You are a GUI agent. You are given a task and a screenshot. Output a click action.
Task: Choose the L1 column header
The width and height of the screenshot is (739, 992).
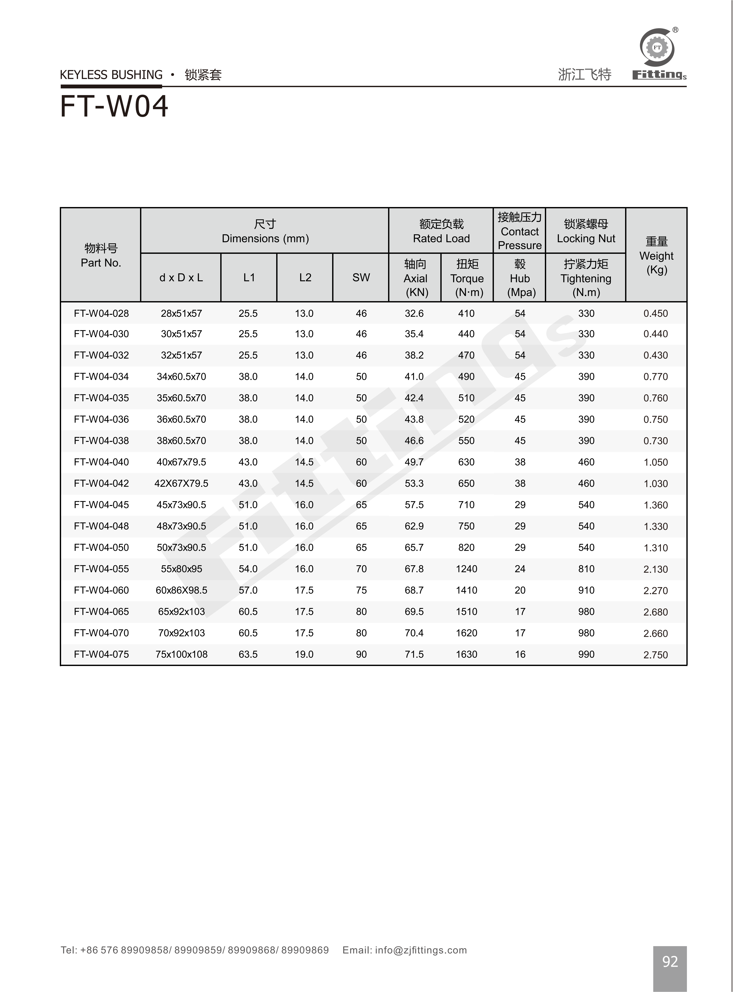[x=249, y=278]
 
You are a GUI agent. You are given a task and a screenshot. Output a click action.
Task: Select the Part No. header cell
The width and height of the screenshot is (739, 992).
[x=101, y=256]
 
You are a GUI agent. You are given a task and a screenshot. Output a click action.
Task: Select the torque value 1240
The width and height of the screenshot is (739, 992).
[x=467, y=569]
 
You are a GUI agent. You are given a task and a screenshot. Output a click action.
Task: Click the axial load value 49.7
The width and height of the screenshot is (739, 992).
[x=414, y=462]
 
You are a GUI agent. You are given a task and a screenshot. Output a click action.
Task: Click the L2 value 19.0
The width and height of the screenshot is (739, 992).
[x=304, y=654]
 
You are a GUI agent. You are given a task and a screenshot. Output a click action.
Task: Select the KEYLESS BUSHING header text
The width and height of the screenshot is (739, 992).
[x=111, y=75]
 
